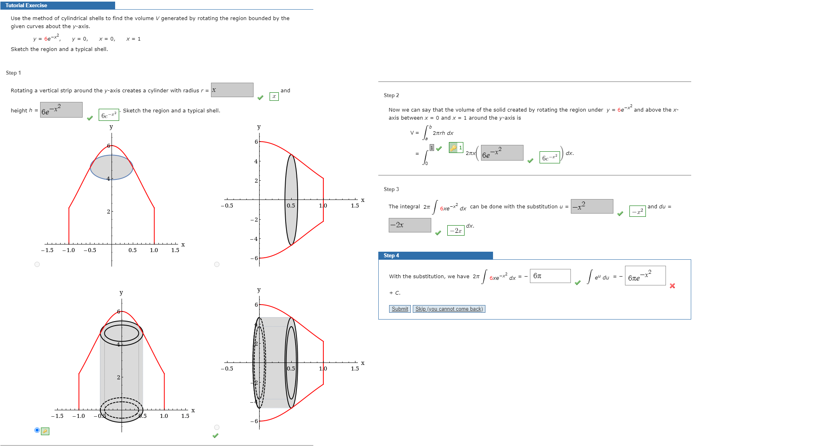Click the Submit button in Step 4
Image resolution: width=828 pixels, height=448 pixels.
[400, 309]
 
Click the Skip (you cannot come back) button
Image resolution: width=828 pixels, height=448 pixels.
[448, 309]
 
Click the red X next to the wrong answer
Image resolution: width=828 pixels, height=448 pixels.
[672, 286]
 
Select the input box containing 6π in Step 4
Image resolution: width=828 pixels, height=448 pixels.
[550, 276]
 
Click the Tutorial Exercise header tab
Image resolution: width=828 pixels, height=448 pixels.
[26, 5]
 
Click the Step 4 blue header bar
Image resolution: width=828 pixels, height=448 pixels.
[435, 255]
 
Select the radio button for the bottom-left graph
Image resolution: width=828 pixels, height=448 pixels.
[37, 430]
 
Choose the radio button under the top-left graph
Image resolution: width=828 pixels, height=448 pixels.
[37, 264]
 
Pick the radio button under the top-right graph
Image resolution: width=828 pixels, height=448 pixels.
[217, 264]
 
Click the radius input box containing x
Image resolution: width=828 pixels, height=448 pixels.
[232, 90]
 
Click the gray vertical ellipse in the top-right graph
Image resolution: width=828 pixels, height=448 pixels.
[291, 200]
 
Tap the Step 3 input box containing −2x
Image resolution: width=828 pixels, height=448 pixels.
[410, 225]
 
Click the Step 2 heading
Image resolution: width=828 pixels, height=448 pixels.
[391, 95]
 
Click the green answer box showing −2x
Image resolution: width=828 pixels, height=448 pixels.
[456, 230]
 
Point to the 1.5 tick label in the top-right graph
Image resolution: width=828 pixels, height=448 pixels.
[355, 206]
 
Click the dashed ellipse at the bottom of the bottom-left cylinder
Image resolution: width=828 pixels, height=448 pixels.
[121, 408]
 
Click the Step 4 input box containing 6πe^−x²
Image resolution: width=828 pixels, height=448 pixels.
[645, 276]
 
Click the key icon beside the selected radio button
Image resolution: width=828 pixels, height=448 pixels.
[45, 431]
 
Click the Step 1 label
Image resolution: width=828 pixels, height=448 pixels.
[13, 73]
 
